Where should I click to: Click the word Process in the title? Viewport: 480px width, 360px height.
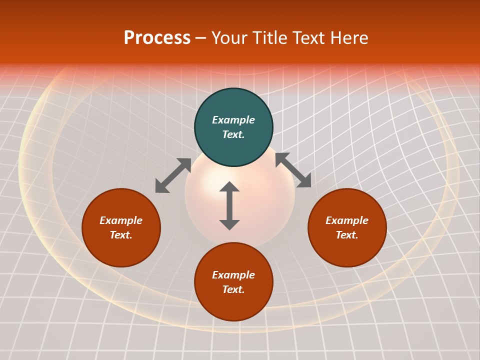pos(157,38)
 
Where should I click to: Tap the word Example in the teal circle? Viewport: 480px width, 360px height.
pos(233,120)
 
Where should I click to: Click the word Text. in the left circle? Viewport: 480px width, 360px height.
pos(121,235)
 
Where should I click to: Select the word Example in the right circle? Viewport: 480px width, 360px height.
pos(347,220)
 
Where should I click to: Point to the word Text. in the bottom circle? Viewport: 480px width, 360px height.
pos(233,289)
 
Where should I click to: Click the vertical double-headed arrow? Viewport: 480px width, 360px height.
pos(229,205)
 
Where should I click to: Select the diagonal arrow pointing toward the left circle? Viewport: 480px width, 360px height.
pos(173,175)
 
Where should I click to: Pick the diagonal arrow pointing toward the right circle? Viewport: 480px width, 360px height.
pos(293,170)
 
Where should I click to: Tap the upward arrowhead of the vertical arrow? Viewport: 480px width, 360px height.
pos(229,186)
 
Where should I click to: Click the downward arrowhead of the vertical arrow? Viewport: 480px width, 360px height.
pos(229,224)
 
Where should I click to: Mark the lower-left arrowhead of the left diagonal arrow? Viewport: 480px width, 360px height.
pos(161,187)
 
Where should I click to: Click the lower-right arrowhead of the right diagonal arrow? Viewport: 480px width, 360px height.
pos(304,181)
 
